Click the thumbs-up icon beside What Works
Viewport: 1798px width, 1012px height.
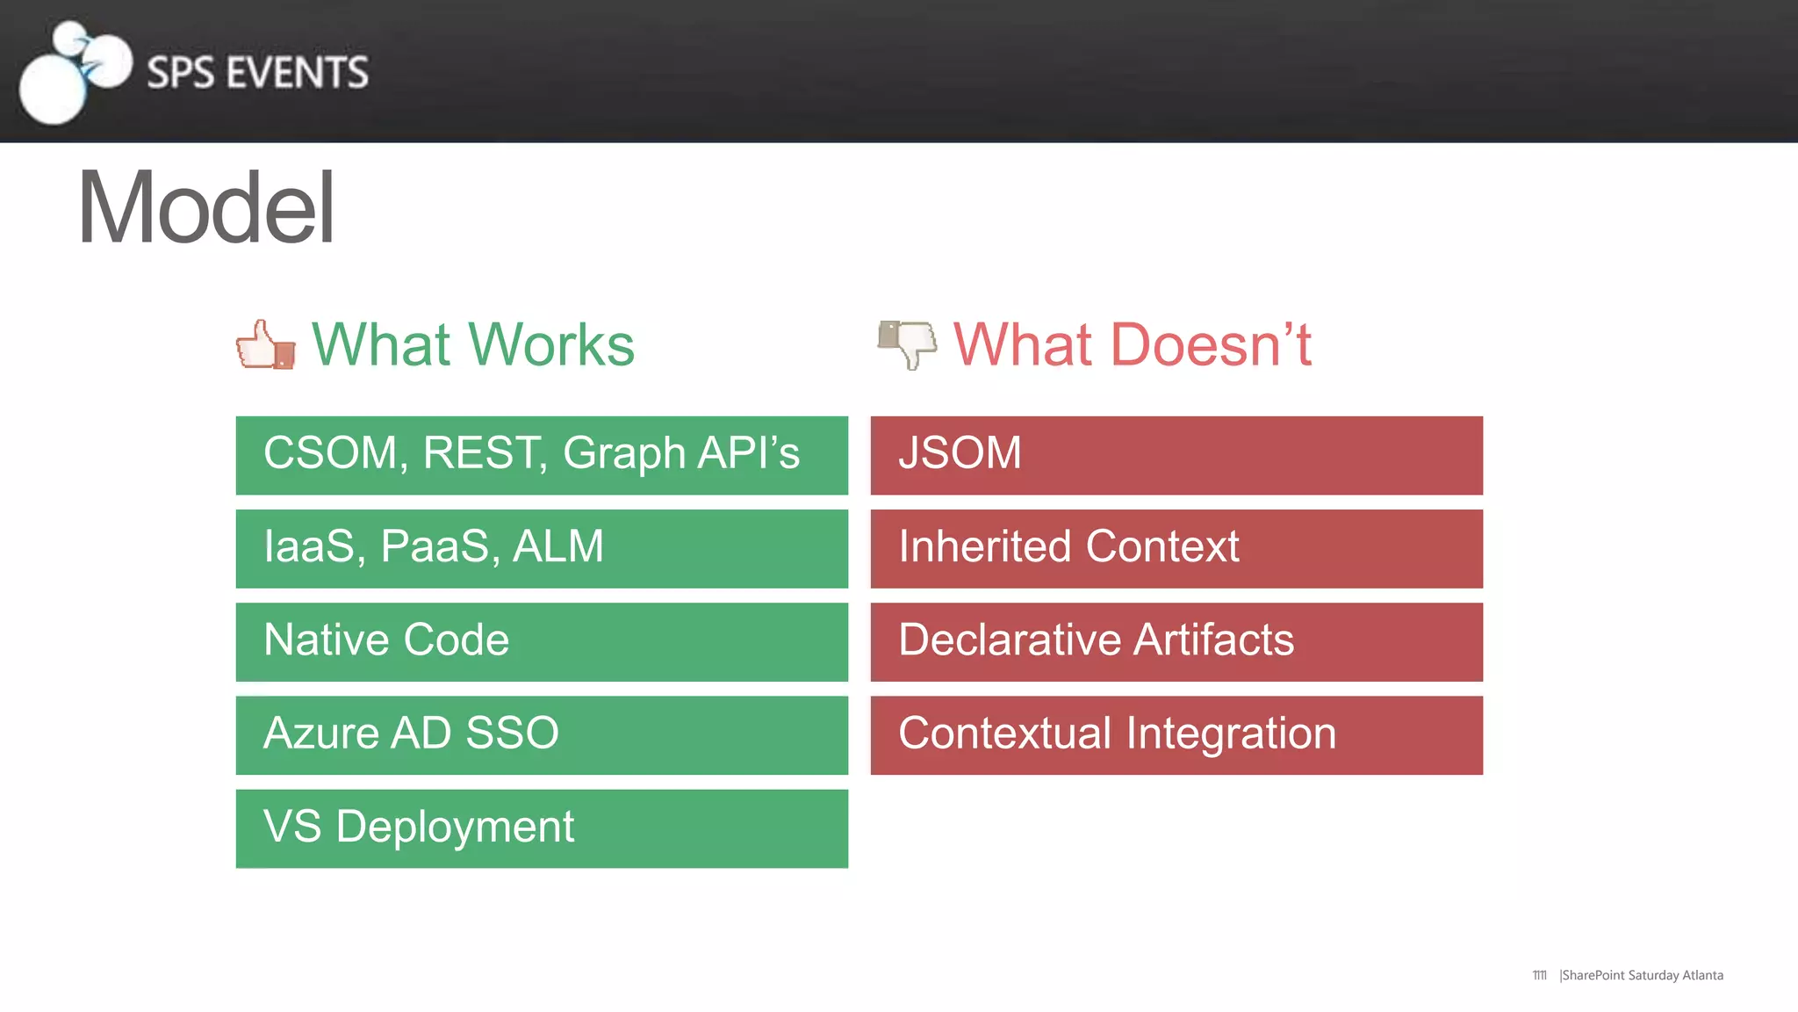(x=265, y=345)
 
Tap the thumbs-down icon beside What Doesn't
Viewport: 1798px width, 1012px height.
(x=908, y=343)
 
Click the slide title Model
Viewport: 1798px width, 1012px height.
(x=206, y=208)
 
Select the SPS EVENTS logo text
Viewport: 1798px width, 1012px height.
(x=257, y=72)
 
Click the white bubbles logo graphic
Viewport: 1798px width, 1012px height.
(x=75, y=72)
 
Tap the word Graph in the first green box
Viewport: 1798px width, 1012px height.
(x=623, y=454)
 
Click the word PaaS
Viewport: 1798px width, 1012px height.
(x=435, y=546)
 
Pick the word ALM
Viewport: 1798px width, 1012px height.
(x=558, y=546)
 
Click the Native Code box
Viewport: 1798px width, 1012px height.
(x=542, y=641)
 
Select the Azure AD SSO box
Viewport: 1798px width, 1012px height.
(x=542, y=734)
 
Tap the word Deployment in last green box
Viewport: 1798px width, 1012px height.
(x=455, y=828)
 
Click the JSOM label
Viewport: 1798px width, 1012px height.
(x=960, y=453)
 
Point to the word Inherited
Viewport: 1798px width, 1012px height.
(x=986, y=546)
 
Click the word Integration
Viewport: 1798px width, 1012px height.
(x=1231, y=734)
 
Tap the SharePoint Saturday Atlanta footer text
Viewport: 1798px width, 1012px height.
(x=1642, y=975)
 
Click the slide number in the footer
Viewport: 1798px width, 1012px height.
(x=1540, y=975)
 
